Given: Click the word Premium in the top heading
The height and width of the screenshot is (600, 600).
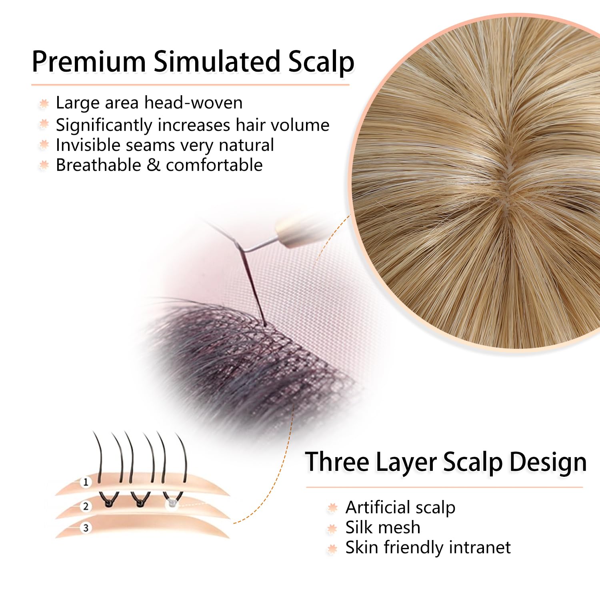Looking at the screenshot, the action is coord(89,62).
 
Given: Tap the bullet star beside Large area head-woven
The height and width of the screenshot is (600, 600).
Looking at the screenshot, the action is coord(44,104).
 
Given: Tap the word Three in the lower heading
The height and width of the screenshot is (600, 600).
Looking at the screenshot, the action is coord(337,462).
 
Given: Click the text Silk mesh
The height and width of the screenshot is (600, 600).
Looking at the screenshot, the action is coord(383,527).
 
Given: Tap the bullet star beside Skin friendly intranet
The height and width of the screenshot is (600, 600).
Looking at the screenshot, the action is coord(332,549).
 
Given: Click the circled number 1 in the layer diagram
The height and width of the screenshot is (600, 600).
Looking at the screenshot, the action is coord(85,482).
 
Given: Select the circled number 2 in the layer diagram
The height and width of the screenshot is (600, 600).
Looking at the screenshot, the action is coord(85,506).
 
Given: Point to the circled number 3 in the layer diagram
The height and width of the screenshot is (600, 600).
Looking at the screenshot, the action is coord(85,528).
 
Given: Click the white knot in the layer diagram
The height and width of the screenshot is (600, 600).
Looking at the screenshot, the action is coord(172,502).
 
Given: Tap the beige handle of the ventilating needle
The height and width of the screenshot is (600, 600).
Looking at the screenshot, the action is coord(296,231).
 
